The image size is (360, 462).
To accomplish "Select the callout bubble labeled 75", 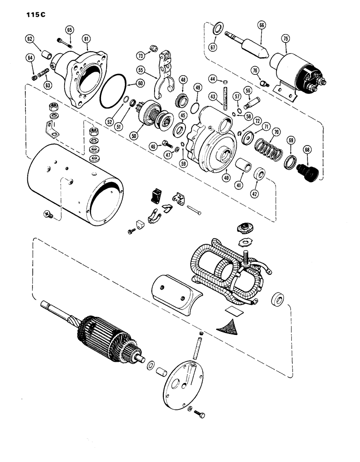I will coord(284,39).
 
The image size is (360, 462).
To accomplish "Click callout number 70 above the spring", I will coord(276,132).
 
